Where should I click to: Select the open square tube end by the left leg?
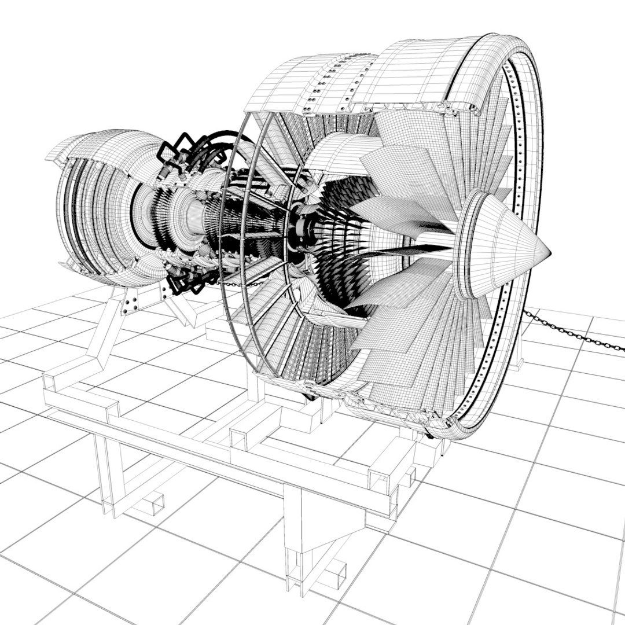coord(153,503)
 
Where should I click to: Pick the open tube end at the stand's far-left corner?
coord(49,382)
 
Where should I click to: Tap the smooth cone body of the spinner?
coord(509,249)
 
